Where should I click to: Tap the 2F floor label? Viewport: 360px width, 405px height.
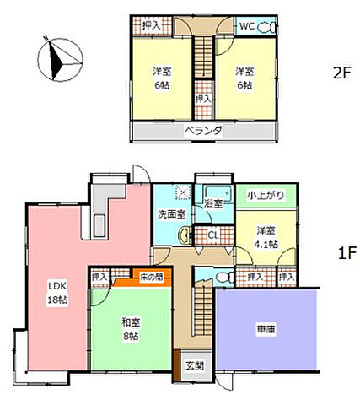pos(341,73)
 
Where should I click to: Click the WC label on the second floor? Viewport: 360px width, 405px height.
pos(247,26)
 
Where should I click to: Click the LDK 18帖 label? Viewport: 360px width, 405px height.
pos(56,290)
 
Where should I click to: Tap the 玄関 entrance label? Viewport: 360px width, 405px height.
pos(195,366)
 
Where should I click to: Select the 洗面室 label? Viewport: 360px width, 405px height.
pos(167,214)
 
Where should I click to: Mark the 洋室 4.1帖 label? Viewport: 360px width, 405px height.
pos(266,235)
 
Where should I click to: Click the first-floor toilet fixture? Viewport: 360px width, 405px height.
pos(223,276)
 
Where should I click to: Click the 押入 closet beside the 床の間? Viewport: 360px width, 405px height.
pos(99,276)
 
